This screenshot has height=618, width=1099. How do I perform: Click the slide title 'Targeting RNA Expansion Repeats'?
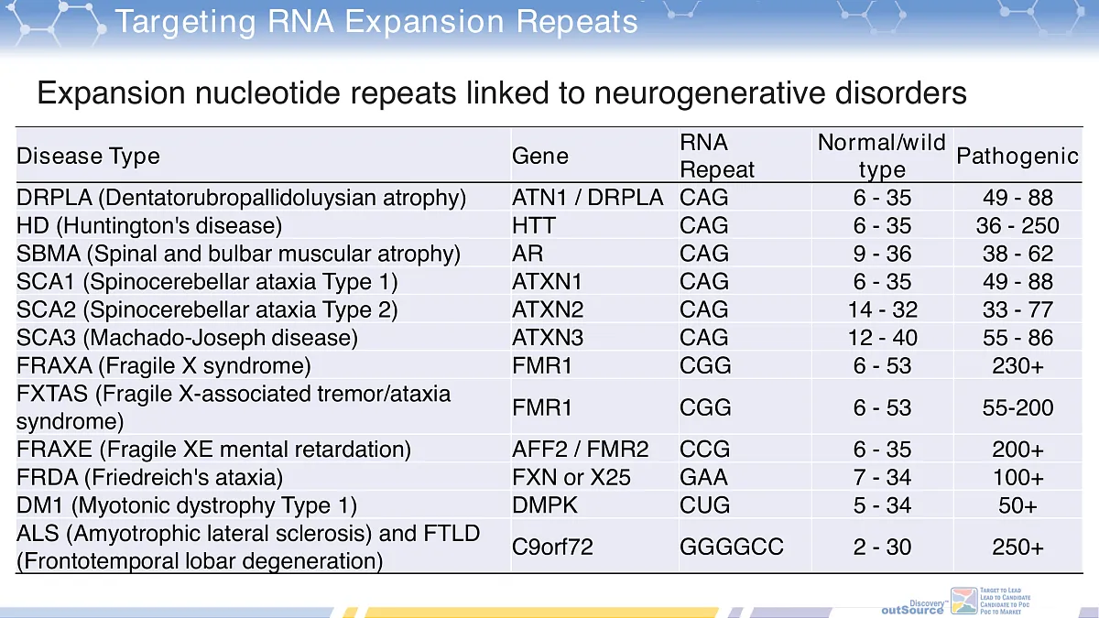click(x=376, y=21)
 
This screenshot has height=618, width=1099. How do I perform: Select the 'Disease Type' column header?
click(x=88, y=157)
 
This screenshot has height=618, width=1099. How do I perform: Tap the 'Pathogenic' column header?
click(x=1017, y=157)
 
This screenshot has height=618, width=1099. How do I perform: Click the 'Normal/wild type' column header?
click(x=881, y=156)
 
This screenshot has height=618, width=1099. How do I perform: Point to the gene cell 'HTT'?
click(x=534, y=225)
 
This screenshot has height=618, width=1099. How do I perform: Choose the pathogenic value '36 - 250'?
click(x=1017, y=225)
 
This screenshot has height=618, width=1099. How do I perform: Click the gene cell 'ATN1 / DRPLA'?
click(x=587, y=198)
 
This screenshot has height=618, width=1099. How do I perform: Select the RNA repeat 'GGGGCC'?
click(x=731, y=547)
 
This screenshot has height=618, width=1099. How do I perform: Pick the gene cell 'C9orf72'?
click(x=552, y=547)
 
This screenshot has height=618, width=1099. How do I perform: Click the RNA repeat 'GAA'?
click(x=703, y=477)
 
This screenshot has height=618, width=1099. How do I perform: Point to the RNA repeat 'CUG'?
click(x=704, y=505)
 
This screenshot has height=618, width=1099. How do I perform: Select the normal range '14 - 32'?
click(x=882, y=309)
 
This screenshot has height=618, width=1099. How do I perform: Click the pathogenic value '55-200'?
click(x=1017, y=407)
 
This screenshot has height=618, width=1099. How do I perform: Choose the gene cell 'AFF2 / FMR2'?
click(x=580, y=450)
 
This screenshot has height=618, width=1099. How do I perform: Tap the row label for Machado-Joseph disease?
click(x=187, y=337)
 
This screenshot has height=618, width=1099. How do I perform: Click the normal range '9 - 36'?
click(x=882, y=254)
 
